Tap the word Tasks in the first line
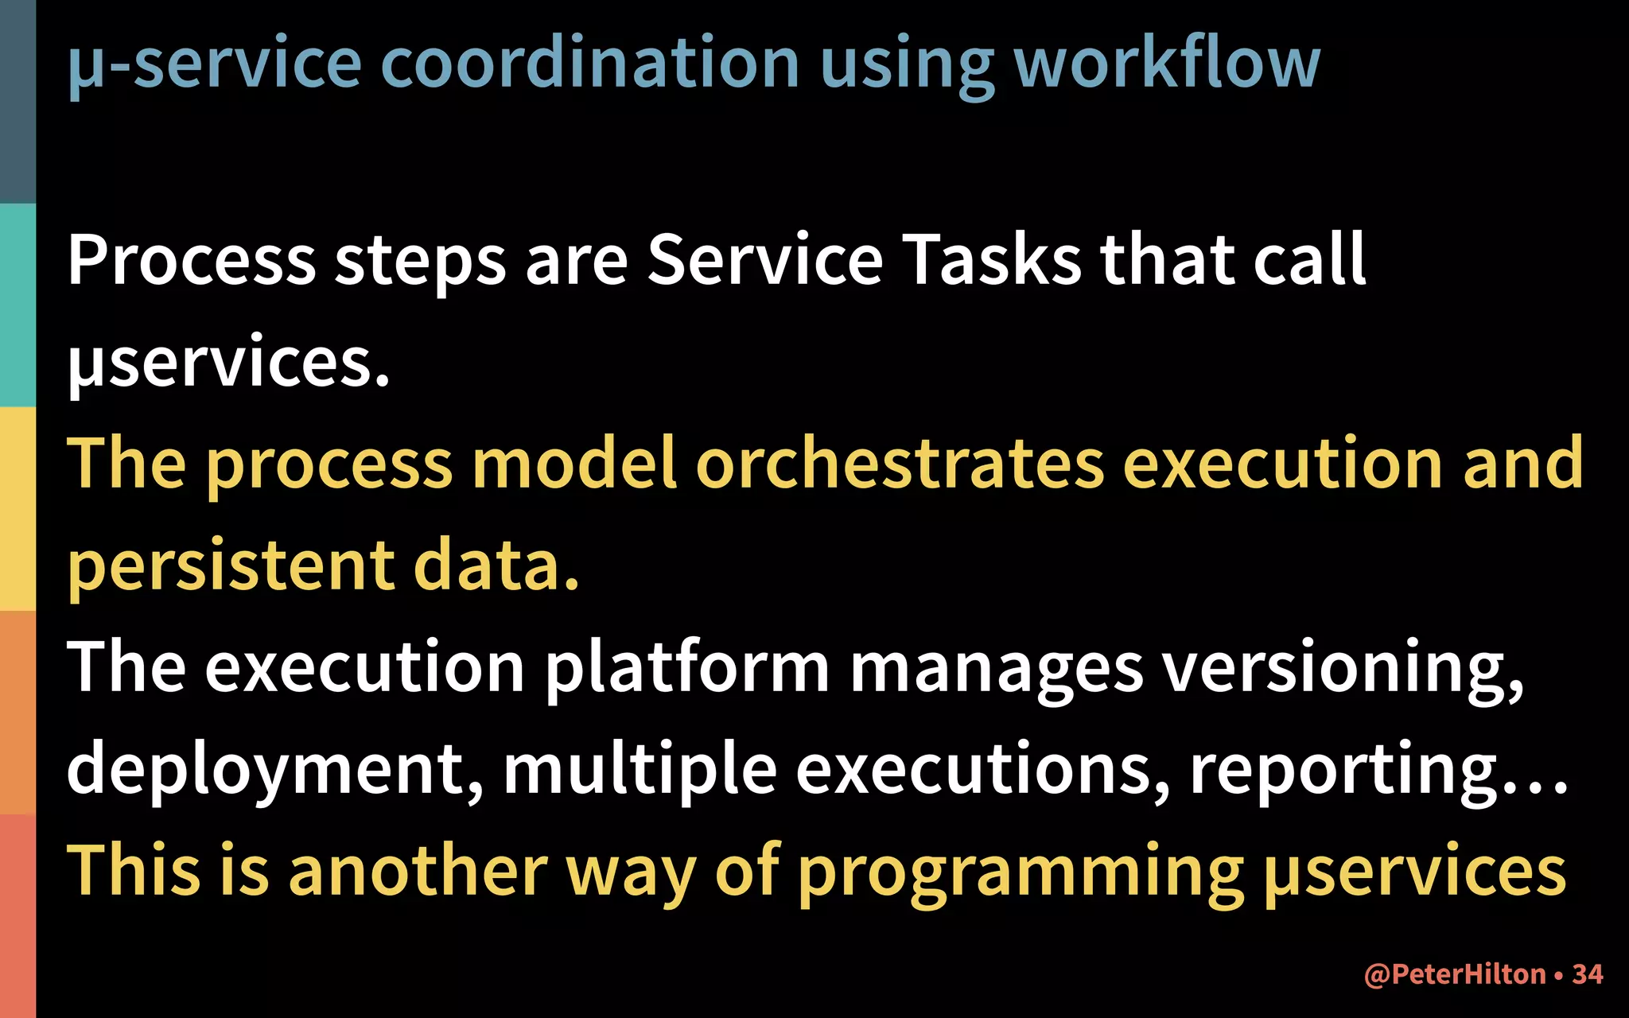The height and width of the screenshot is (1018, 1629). tap(993, 259)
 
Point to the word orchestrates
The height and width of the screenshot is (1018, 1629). tap(900, 463)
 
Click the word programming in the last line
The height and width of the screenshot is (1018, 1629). tap(1021, 871)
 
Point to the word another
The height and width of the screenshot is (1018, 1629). tap(418, 871)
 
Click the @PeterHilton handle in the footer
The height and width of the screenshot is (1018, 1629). tap(1455, 974)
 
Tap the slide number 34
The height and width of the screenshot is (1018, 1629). tap(1588, 974)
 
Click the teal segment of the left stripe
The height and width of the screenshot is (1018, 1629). tap(17, 305)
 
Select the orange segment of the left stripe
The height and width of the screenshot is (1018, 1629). tap(17, 713)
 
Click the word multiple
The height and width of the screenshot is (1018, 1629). tap(640, 768)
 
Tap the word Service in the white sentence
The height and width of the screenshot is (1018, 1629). tap(764, 259)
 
